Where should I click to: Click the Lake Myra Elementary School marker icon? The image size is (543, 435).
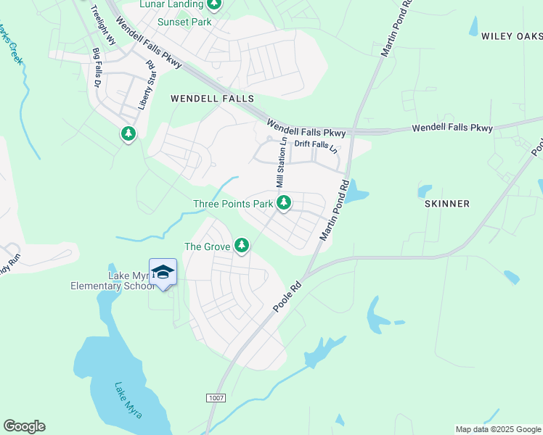pyautogui.click(x=163, y=273)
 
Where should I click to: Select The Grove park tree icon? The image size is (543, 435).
pyautogui.click(x=242, y=246)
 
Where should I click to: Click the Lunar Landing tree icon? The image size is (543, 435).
pyautogui.click(x=213, y=5)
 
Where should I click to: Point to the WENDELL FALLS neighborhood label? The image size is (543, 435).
pyautogui.click(x=212, y=98)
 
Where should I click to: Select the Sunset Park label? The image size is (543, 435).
pyautogui.click(x=184, y=22)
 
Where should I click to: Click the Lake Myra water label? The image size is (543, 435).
pyautogui.click(x=128, y=400)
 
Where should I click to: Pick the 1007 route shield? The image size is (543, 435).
pyautogui.click(x=216, y=398)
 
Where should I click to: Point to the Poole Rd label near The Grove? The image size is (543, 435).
pyautogui.click(x=287, y=298)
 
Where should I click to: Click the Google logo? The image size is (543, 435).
pyautogui.click(x=24, y=426)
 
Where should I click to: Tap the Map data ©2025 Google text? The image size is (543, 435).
pyautogui.click(x=498, y=429)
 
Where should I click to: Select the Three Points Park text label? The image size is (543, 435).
pyautogui.click(x=233, y=204)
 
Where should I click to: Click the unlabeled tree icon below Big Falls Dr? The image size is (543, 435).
pyautogui.click(x=128, y=133)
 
